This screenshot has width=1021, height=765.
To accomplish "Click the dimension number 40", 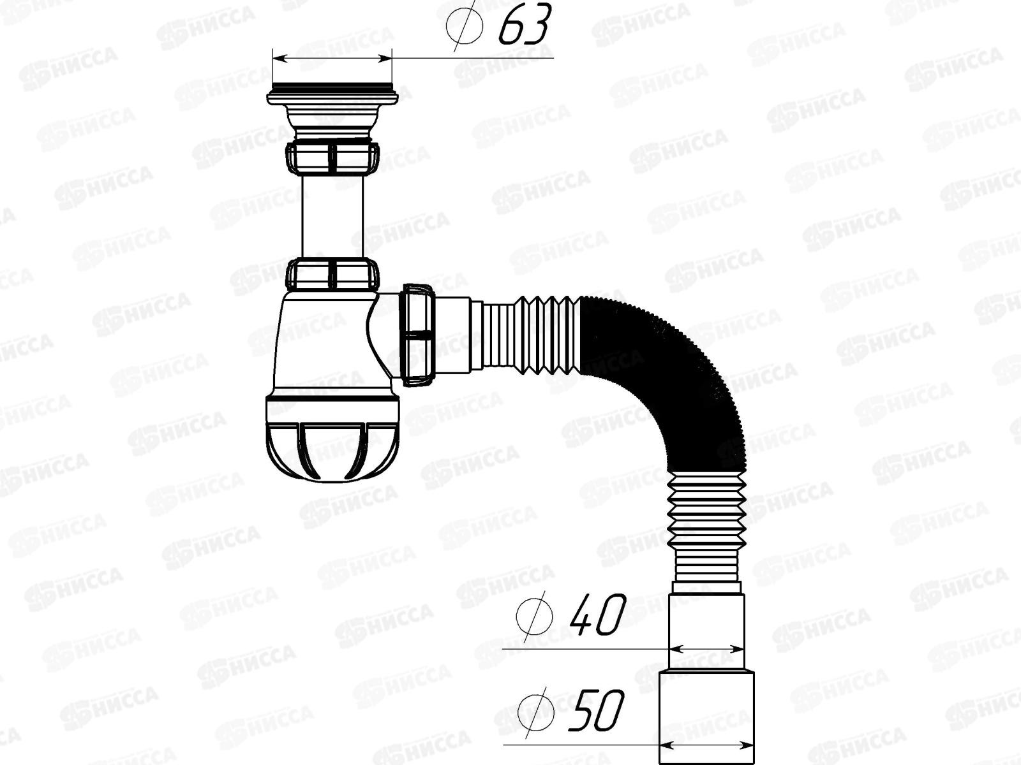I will point(597,615).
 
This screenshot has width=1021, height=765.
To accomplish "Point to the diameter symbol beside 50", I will point(535,709).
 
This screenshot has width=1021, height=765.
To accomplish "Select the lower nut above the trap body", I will point(332,273).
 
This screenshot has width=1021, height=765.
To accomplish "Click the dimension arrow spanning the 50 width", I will point(707,744).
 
